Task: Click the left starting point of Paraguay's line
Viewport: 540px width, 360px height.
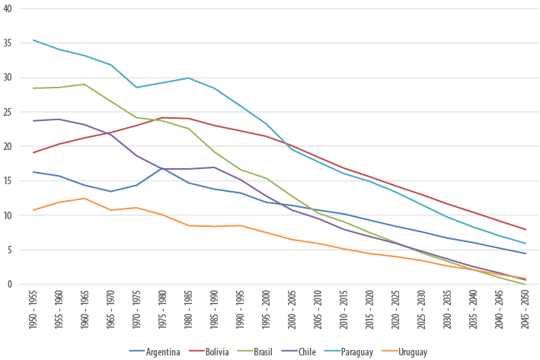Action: pos(34,40)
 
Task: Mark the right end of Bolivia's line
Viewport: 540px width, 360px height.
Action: pos(524,229)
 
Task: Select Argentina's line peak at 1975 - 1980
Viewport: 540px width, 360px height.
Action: pos(162,167)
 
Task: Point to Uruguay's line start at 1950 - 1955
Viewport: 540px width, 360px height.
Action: pos(34,210)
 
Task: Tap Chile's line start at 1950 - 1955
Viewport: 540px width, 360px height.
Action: pos(34,120)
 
